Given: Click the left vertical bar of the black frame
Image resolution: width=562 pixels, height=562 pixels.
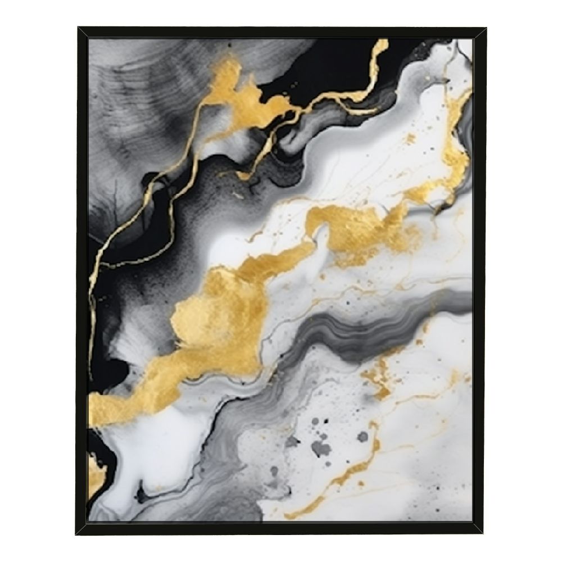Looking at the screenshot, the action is tap(82, 281).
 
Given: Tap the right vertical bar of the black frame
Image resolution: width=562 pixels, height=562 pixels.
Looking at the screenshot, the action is tap(479, 281).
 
